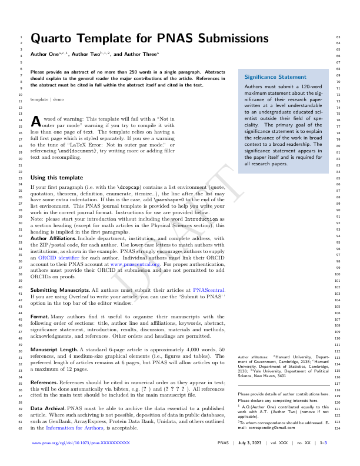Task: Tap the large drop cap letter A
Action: pos(35,121)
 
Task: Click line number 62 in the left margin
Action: pos(21,428)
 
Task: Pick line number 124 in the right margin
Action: pos(338,428)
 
